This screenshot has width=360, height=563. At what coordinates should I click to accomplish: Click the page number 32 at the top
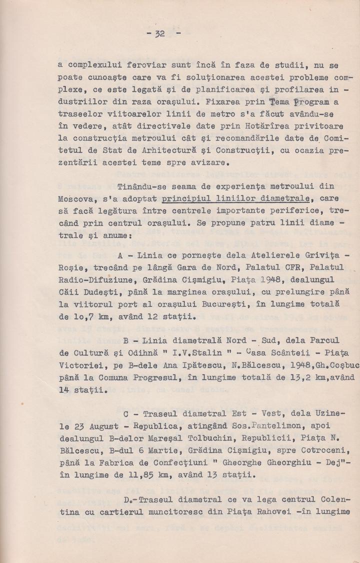(x=160, y=34)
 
